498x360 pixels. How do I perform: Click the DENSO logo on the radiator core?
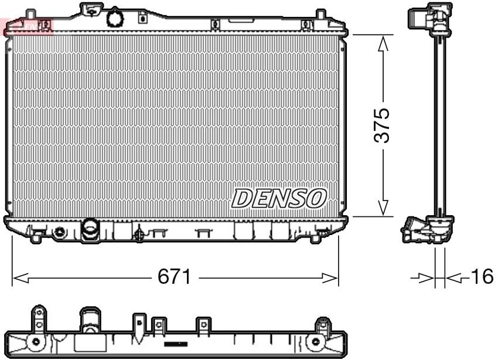click(279, 198)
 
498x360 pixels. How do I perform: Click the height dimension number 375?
click(382, 125)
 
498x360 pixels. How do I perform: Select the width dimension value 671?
click(175, 277)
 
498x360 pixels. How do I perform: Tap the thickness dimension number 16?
click(482, 277)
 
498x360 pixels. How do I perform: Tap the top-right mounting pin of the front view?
click(320, 13)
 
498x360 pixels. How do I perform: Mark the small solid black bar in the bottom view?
click(175, 344)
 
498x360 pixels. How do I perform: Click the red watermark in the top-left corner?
click(27, 25)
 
